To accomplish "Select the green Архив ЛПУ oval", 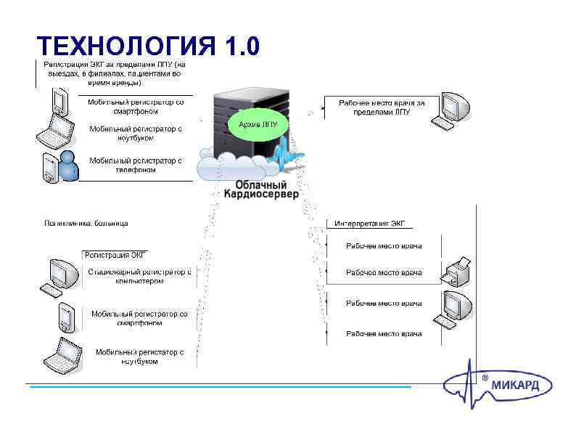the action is (x=258, y=124).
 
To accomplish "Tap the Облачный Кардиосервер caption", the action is (x=260, y=190).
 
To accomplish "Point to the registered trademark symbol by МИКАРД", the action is (x=485, y=378).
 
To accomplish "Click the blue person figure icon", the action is (x=69, y=166).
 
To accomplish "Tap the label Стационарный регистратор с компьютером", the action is (x=140, y=276).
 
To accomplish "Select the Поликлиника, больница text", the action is (x=86, y=224).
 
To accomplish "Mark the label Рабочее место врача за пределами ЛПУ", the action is (x=381, y=107).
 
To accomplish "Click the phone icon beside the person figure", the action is (x=49, y=168).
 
